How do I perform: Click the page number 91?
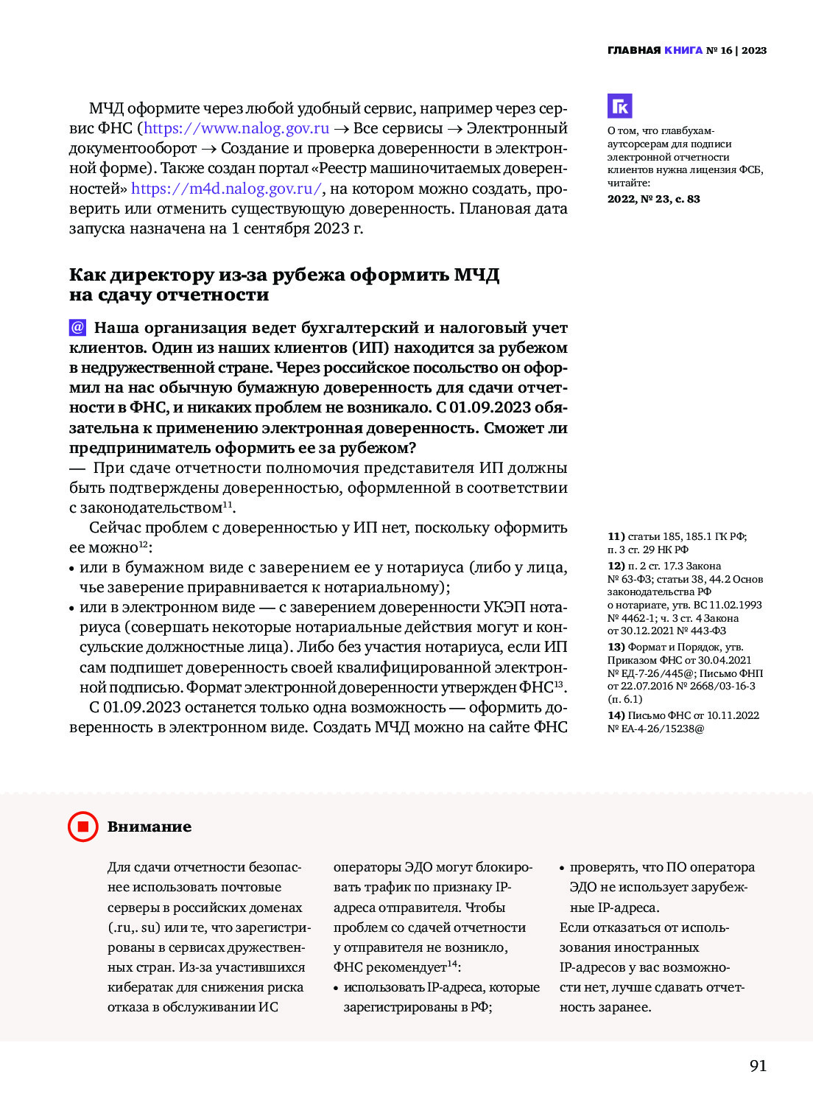point(758,1065)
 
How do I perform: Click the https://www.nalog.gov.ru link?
point(236,128)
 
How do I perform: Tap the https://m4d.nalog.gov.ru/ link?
point(226,189)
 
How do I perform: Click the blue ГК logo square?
point(619,106)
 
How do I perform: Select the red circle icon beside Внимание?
point(83,827)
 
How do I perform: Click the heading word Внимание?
point(149,827)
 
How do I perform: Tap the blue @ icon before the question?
point(77,327)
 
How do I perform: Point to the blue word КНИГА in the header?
point(683,50)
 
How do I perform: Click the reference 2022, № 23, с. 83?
point(653,199)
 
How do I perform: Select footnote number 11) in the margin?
point(616,536)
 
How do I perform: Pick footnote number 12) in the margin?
point(616,566)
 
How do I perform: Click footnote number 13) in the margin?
point(616,647)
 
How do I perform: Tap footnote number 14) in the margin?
point(616,715)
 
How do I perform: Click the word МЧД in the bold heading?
point(476,275)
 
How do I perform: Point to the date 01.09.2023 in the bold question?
point(489,407)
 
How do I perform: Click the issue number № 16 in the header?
point(719,50)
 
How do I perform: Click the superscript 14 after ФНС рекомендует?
point(452,964)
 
